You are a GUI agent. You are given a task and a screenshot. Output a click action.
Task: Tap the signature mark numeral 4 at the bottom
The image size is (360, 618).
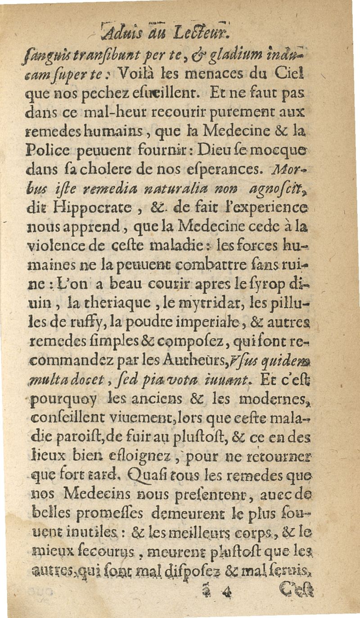[x=226, y=590]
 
